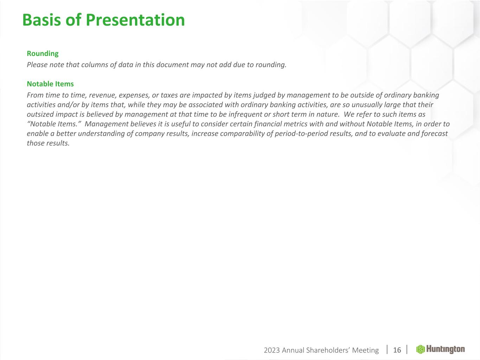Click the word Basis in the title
click(x=41, y=20)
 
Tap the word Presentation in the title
click(x=135, y=20)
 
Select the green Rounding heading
click(x=43, y=53)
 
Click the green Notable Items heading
click(x=50, y=84)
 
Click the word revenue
click(x=103, y=95)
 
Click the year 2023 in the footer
click(x=272, y=350)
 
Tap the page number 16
click(x=397, y=350)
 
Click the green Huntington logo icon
click(x=420, y=349)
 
